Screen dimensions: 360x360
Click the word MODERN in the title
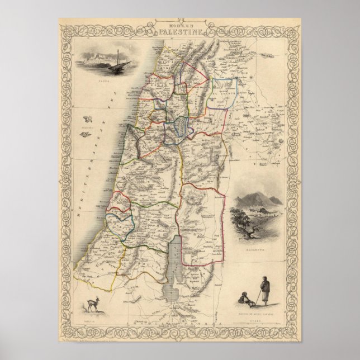click(180, 26)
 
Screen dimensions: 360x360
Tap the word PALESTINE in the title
click(180, 33)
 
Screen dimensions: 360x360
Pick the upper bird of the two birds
click(88, 119)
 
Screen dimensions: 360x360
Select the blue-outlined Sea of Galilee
click(179, 127)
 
